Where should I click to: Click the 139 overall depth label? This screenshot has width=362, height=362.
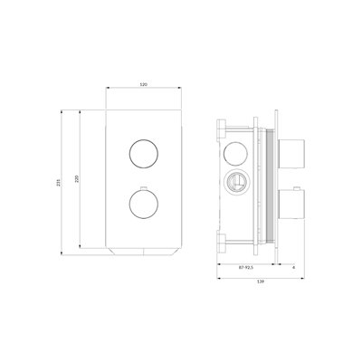262,282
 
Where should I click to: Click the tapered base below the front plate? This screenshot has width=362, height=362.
142,250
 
